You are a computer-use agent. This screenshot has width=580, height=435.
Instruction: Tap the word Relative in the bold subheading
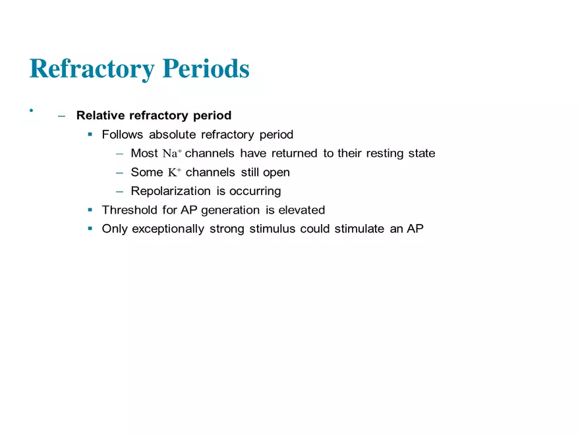click(x=101, y=115)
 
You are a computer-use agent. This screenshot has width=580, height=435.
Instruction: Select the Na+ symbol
click(x=172, y=154)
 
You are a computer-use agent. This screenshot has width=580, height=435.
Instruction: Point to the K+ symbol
click(x=174, y=173)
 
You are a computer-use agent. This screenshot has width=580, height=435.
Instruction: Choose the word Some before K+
click(x=146, y=173)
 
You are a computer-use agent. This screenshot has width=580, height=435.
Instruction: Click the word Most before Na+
click(x=144, y=154)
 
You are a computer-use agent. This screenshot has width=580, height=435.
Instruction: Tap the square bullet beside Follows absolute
click(x=90, y=134)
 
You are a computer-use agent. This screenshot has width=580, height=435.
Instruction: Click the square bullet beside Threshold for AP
click(x=90, y=210)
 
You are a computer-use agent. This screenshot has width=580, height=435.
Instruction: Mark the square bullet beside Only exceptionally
click(x=90, y=229)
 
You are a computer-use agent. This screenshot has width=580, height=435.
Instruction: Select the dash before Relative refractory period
click(x=61, y=116)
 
